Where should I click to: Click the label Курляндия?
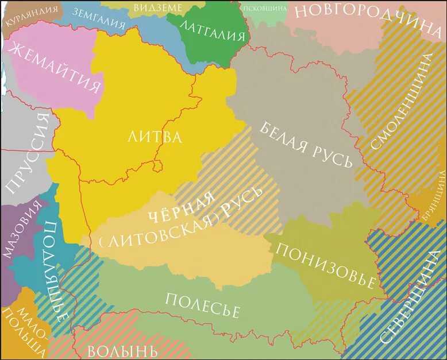click(32, 15)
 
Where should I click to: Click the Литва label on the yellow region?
click(154, 137)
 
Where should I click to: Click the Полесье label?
click(202, 304)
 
